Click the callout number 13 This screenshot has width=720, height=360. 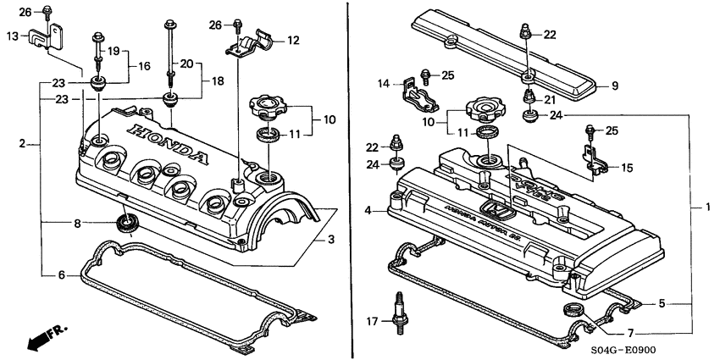[x=11, y=36]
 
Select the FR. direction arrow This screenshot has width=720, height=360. [x=47, y=336]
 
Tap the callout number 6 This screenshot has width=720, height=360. [x=61, y=275]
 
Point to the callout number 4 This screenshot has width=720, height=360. [x=368, y=210]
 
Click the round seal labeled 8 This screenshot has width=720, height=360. [x=126, y=223]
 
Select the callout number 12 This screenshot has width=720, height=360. [x=293, y=40]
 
